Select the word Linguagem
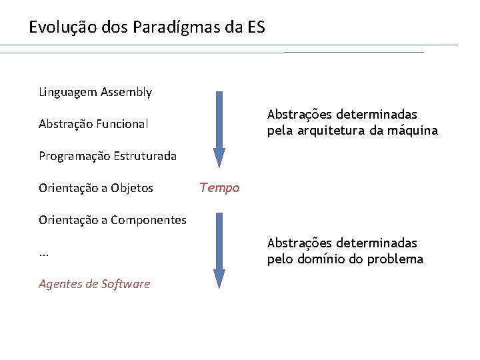click(68, 92)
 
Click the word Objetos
click(132, 188)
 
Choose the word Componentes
click(149, 220)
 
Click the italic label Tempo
click(219, 188)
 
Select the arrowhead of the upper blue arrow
click(219, 157)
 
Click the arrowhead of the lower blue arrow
click(219, 278)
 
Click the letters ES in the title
click(256, 28)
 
